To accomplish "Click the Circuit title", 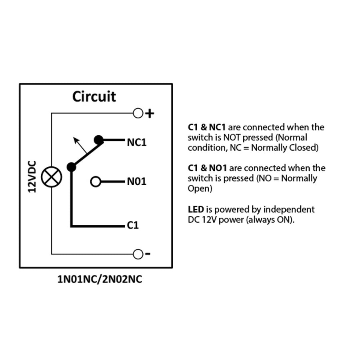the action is coord(94,96).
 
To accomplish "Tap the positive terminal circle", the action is coord(138,113).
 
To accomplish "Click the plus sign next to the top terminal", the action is coord(150,114).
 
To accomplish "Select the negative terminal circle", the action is coord(138,254).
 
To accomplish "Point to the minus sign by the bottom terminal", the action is coord(148,254).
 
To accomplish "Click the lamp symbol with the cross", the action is coord(52,177).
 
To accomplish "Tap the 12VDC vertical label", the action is coord(32,177).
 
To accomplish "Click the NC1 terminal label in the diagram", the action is coord(137,142).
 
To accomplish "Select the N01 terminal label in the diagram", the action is coord(137,181).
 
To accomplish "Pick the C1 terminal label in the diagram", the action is coord(133,225).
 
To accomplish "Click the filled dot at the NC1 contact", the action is coord(99,140).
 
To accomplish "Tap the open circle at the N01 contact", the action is coord(96,182).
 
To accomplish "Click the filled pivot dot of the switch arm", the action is coord(72,167).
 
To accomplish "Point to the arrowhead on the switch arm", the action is coord(76,140).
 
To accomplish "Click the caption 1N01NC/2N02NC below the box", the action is coord(100,279).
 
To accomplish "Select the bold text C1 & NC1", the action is coord(207,127).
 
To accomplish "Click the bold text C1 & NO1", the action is coord(207,168).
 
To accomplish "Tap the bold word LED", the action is coord(196,209).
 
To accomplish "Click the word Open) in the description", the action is coord(200,189).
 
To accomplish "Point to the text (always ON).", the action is coord(270,220).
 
